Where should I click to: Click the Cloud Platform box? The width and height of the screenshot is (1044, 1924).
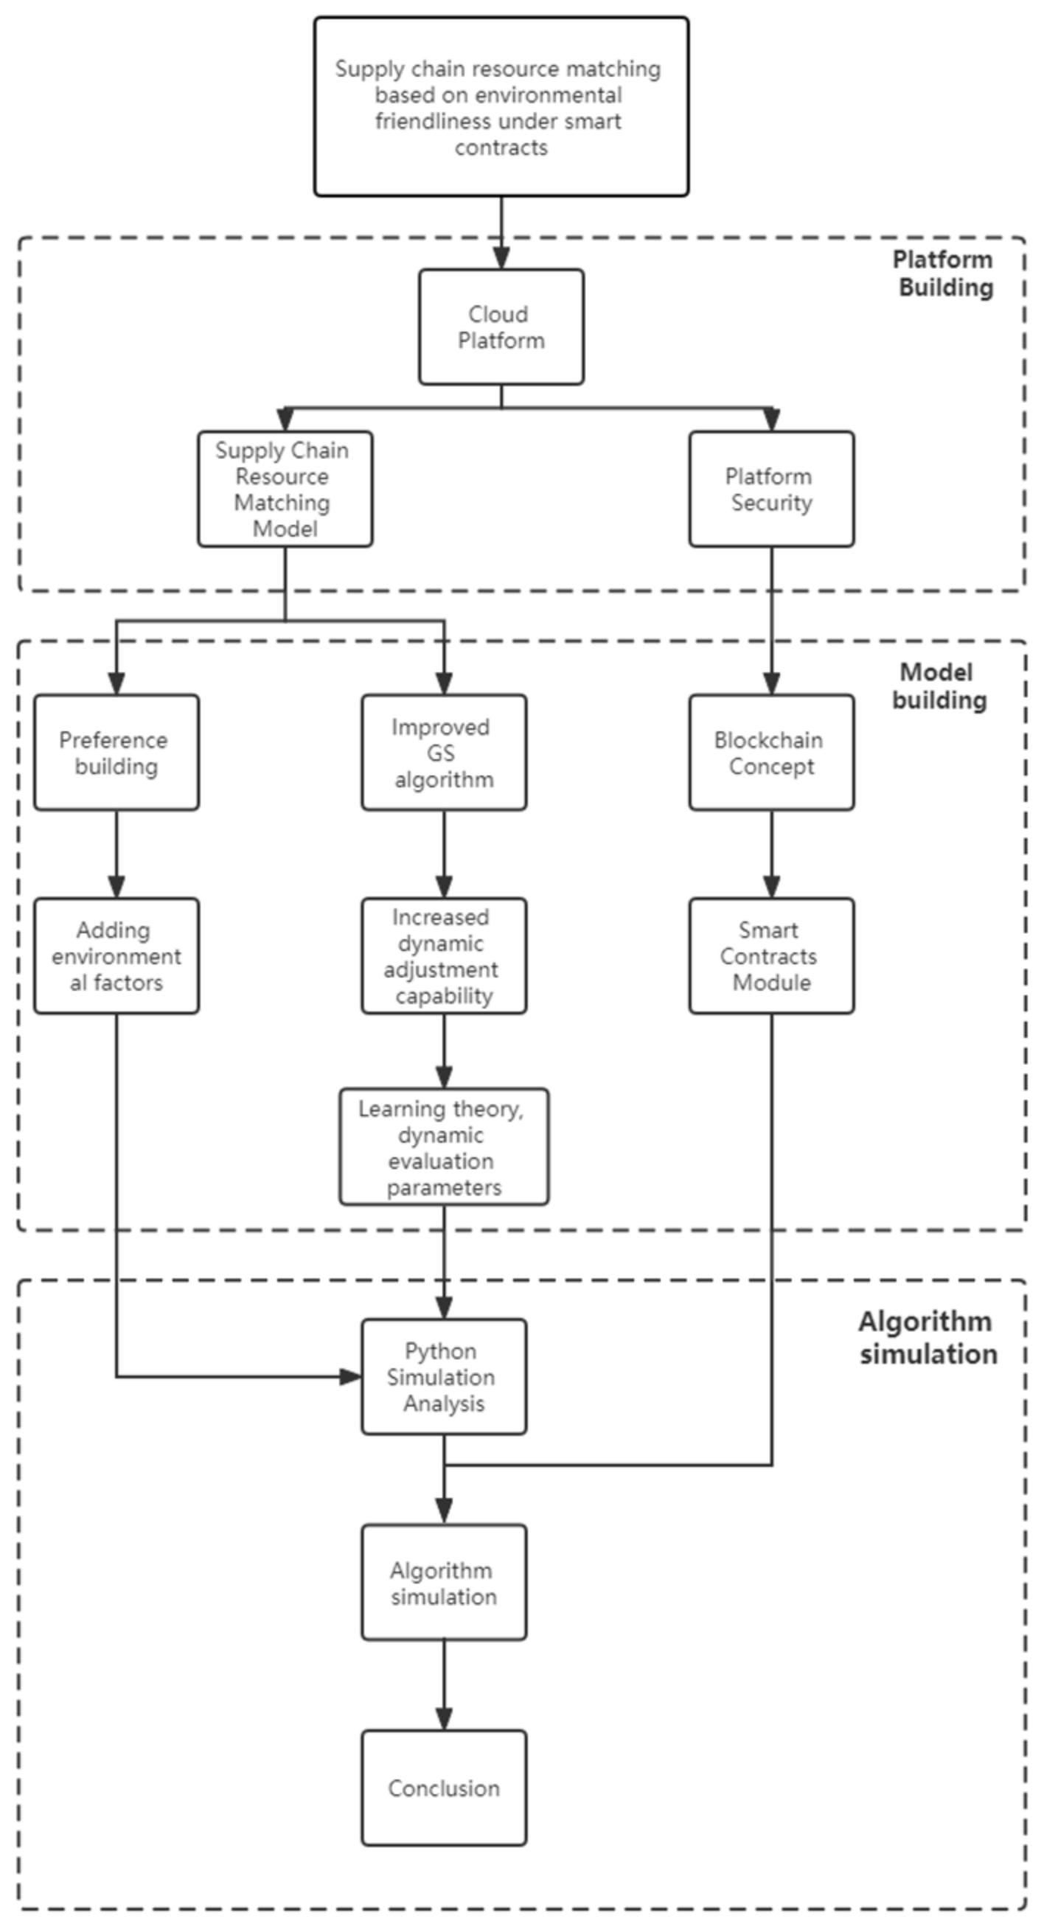pos(501,327)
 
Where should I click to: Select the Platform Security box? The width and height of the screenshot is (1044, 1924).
pos(771,489)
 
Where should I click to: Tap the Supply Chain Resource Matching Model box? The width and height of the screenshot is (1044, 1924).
pos(285,489)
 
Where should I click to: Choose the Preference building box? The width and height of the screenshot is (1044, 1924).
pos(116,753)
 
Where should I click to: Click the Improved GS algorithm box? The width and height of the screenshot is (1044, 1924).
pos(444,753)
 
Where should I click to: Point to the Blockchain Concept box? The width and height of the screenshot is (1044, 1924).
pos(771,753)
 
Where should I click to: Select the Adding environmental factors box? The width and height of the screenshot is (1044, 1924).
pos(116,956)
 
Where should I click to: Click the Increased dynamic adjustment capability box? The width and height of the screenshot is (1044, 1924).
pos(444,956)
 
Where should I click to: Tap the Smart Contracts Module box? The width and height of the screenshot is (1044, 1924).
pos(771,956)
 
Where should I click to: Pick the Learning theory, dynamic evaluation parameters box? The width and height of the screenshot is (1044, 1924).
pos(444,1147)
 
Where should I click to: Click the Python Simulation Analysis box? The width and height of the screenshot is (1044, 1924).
pos(444,1376)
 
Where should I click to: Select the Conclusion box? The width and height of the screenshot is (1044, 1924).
pos(444,1788)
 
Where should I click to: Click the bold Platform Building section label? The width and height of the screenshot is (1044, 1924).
pos(944,273)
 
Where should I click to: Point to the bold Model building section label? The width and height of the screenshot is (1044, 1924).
pos(938,686)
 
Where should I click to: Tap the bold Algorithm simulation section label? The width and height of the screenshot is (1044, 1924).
pos(927,1338)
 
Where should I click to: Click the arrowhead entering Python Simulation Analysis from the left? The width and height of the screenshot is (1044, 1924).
pos(352,1376)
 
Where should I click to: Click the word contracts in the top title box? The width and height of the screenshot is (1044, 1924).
pos(501,148)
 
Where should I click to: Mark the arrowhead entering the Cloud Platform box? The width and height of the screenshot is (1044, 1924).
pos(501,259)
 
